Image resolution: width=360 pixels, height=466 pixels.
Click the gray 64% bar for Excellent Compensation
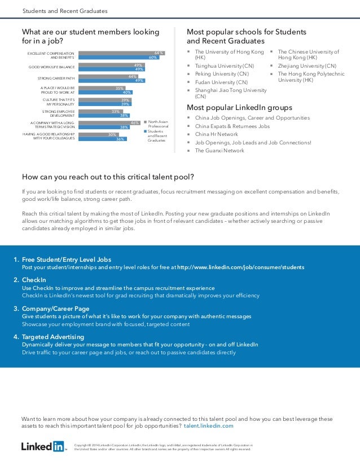[121, 53]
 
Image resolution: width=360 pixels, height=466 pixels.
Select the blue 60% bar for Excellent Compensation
[118, 58]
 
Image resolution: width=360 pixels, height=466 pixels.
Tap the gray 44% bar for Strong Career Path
[108, 76]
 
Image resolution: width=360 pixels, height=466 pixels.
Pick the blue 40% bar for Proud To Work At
[105, 92]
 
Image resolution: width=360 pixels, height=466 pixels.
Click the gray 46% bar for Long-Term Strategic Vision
[109, 122]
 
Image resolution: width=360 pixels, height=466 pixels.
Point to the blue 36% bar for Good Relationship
[102, 138]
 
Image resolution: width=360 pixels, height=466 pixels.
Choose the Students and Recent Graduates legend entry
[157, 135]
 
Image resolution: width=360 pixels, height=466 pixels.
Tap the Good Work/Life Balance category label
[52, 67]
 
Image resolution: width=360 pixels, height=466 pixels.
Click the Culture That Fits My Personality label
[59, 102]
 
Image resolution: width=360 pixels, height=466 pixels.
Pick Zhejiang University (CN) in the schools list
[307, 65]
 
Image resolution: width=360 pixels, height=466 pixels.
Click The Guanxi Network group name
[219, 151]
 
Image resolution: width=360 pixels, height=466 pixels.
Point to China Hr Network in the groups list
[217, 134]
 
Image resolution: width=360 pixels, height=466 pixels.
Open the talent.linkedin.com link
[209, 426]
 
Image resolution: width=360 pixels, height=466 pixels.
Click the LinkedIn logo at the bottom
[43, 447]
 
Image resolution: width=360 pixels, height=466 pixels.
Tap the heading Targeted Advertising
[53, 337]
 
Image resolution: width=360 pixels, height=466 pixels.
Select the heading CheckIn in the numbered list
[34, 280]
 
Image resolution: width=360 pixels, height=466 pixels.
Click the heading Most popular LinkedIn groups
[239, 107]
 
